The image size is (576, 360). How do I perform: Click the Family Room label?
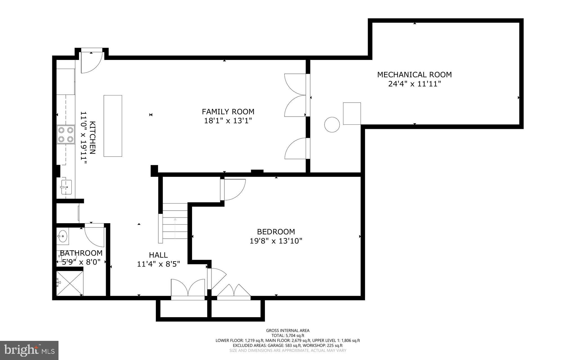point(228,112)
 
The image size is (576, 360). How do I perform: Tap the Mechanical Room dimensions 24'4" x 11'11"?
point(414,84)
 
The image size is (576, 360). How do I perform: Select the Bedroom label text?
point(276,232)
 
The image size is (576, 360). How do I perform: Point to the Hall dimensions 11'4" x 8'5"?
point(158,264)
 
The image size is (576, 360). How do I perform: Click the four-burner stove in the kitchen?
point(66,135)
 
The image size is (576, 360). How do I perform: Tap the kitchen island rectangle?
point(113,126)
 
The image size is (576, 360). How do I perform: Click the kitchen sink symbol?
point(67,187)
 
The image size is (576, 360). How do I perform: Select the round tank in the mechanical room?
point(332,124)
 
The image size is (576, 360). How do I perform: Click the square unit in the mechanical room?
point(352,113)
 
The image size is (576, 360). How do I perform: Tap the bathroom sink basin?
point(63,236)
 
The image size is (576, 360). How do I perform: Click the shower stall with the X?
point(69,283)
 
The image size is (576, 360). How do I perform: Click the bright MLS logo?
point(29,350)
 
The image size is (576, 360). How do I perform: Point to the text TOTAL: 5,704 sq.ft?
point(288,336)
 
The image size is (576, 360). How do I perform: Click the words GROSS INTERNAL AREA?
point(288,330)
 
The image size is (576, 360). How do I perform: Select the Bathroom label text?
point(81,253)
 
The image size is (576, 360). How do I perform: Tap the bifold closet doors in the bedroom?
point(234,290)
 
